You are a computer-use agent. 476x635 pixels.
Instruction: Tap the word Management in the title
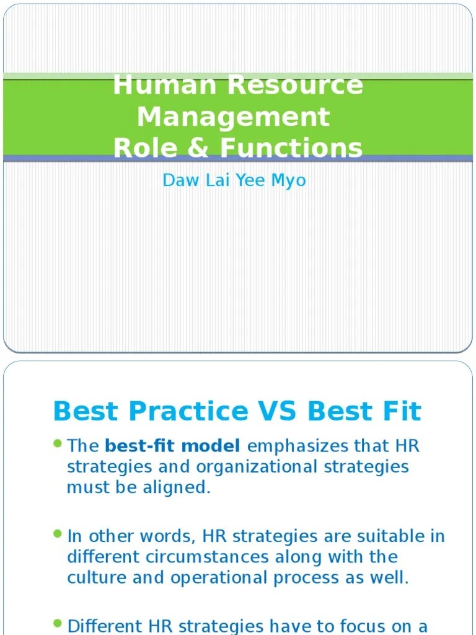233,117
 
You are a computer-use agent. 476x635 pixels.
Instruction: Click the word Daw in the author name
177,180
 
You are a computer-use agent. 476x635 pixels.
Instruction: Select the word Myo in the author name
288,180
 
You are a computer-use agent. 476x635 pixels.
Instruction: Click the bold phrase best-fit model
173,446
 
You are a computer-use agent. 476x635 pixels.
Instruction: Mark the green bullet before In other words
58,534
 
